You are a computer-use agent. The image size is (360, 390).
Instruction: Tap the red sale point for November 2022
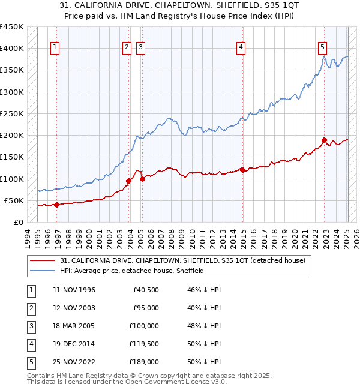pos(324,140)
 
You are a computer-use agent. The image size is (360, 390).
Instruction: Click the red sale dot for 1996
pos(57,205)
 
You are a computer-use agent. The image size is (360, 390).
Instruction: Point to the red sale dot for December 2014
pos(242,170)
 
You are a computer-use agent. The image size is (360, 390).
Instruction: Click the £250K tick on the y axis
pos(12,113)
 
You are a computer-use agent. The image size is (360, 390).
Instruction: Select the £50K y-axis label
pos(14,200)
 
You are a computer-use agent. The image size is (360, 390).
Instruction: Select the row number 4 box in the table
pos(30,344)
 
